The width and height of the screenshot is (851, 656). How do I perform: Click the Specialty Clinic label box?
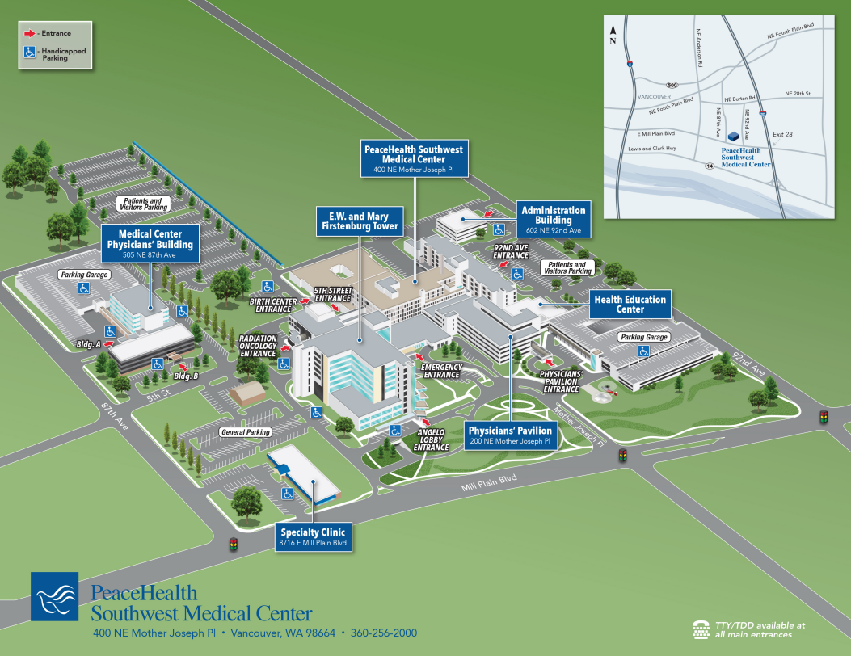pos(313,537)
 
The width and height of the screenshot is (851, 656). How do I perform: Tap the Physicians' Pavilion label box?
pos(510,435)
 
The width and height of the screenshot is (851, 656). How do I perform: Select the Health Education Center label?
pos(630,304)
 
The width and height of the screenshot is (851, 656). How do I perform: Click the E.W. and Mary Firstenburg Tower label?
pos(358,222)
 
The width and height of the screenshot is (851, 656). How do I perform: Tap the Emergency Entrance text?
pos(441,371)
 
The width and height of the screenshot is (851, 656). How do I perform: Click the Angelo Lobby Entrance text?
pos(431,440)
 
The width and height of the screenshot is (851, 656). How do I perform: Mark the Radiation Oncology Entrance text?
pos(258,347)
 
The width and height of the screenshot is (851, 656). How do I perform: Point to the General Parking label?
pos(245,432)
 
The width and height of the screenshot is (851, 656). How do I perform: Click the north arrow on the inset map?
pos(613,30)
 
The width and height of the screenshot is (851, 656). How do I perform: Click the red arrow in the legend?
pos(29,33)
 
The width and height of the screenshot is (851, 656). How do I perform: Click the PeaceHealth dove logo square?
pos(55,597)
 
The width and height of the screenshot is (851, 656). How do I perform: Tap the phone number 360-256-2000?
pos(384,633)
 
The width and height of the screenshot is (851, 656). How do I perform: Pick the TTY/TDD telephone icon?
pos(701,629)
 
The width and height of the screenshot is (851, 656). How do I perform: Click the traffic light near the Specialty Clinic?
pos(234,544)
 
